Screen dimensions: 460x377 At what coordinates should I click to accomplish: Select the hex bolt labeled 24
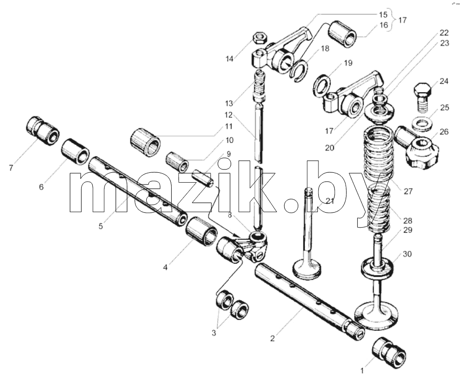pos(422,97)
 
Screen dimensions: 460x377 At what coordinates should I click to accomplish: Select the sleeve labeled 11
pos(145,142)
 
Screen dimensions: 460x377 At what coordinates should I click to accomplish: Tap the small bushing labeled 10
pos(177,162)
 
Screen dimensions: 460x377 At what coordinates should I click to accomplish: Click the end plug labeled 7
pos(43,130)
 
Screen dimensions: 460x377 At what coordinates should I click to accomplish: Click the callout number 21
pos(330,201)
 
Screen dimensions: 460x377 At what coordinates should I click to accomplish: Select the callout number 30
pos(407,254)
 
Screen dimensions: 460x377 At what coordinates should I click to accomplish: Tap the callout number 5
pos(101,226)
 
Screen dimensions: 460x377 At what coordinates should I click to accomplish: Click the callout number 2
pos(272,338)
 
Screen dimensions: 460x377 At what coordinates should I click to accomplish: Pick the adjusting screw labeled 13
pos(259,85)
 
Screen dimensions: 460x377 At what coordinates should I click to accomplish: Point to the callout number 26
pos(444,132)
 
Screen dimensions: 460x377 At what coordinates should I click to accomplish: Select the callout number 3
pos(213,333)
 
